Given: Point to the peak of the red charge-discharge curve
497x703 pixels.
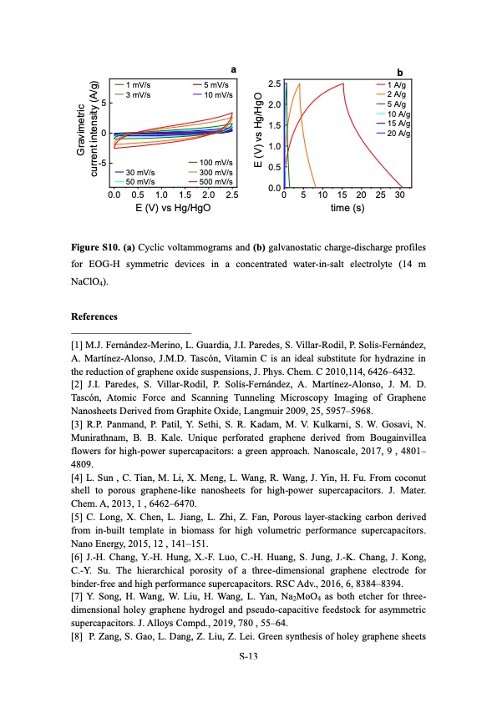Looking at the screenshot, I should [x=342, y=83].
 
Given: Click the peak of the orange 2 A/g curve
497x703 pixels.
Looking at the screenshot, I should [x=299, y=83].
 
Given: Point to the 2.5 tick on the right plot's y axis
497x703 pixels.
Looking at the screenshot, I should [x=274, y=83].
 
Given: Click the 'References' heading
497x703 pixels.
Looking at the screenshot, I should [x=94, y=316].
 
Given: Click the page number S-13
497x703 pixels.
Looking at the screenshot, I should [x=248, y=657].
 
